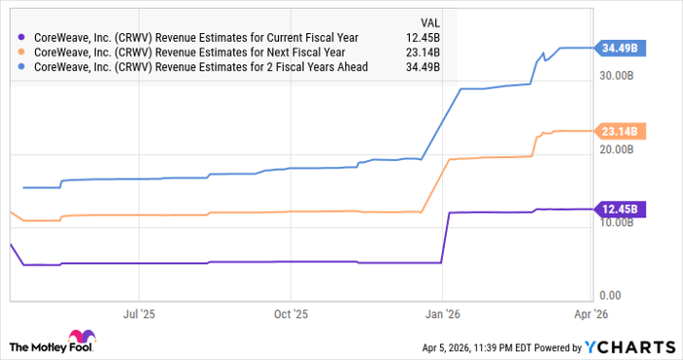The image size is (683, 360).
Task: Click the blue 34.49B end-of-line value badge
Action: coord(619,48)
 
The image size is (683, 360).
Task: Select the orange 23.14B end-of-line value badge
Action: coord(619,131)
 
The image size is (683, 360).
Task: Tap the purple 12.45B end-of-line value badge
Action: coord(619,209)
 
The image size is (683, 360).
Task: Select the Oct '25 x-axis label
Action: coord(290,316)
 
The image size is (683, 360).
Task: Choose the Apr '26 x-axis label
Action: coord(592,316)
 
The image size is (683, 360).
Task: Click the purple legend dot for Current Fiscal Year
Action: coord(23,37)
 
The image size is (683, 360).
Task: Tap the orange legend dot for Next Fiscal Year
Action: coord(23,53)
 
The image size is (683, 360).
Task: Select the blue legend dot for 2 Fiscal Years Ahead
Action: coord(23,67)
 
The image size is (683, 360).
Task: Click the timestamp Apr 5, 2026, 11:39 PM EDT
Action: coord(469,347)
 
